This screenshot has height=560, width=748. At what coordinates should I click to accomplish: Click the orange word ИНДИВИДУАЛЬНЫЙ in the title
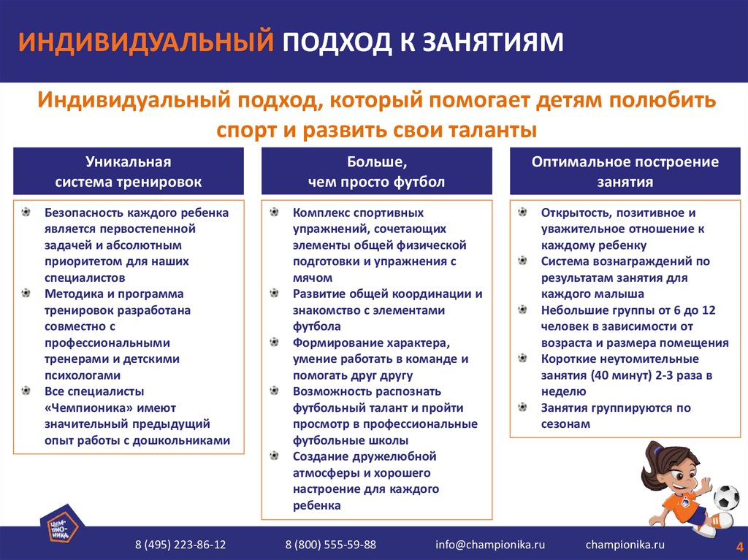146,42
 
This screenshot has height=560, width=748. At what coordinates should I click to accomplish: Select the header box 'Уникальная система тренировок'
129,172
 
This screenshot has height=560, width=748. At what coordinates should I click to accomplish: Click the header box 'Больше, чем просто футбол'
376,172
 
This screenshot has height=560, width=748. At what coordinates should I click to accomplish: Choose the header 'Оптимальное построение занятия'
624,172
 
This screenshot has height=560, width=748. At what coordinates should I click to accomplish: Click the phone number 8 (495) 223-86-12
180,545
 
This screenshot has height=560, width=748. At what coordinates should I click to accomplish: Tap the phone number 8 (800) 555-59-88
330,545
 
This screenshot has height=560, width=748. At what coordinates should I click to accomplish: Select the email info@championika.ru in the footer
490,545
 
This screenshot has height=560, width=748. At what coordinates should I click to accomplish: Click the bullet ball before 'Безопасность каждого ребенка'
26,212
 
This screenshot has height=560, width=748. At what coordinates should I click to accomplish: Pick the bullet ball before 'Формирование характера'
275,342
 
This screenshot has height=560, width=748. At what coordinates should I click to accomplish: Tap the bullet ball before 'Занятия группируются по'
522,407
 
